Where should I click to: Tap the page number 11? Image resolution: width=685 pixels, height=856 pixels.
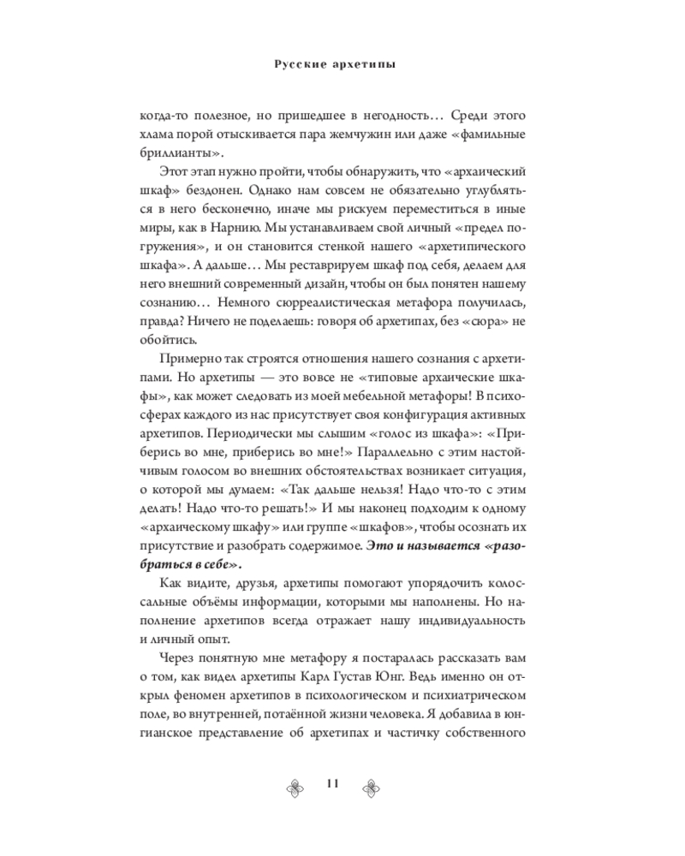(333, 786)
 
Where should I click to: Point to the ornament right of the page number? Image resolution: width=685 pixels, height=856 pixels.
(372, 787)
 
